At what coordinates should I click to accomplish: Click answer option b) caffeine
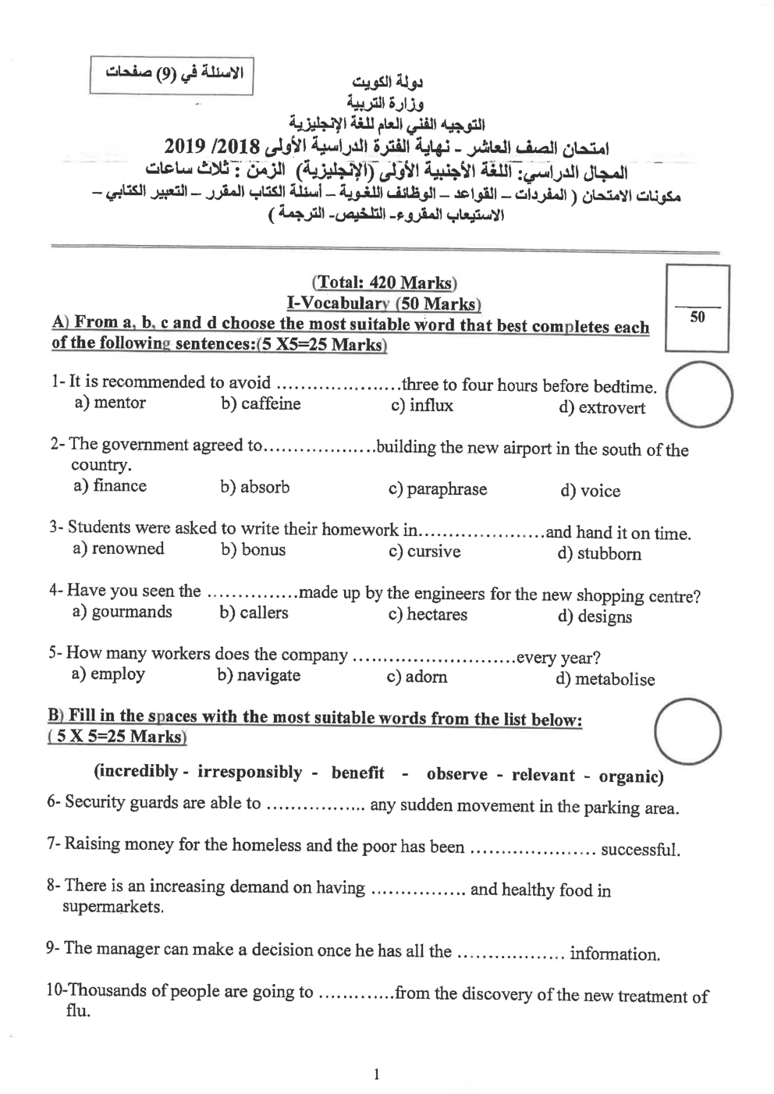click(x=261, y=404)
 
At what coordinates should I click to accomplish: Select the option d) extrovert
click(x=602, y=408)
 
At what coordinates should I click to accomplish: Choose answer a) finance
click(x=110, y=486)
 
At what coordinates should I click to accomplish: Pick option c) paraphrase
click(x=437, y=489)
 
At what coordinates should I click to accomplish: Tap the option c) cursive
click(x=424, y=552)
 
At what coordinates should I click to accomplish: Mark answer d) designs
click(x=595, y=617)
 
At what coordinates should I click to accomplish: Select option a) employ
click(x=108, y=674)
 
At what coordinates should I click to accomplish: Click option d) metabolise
click(x=605, y=680)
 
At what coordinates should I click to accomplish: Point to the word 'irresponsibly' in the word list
click(x=250, y=773)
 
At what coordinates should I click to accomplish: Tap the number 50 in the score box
click(x=697, y=318)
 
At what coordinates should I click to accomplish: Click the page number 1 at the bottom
click(x=377, y=1074)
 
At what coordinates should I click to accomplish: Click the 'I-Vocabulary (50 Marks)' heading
click(x=384, y=304)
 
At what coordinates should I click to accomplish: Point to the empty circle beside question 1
click(x=700, y=394)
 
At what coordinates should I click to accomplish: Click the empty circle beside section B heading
click(x=687, y=731)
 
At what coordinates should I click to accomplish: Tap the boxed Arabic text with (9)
click(x=171, y=75)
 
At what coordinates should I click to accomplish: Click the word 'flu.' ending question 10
click(x=78, y=1012)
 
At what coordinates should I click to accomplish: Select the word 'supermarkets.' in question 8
click(x=114, y=908)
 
